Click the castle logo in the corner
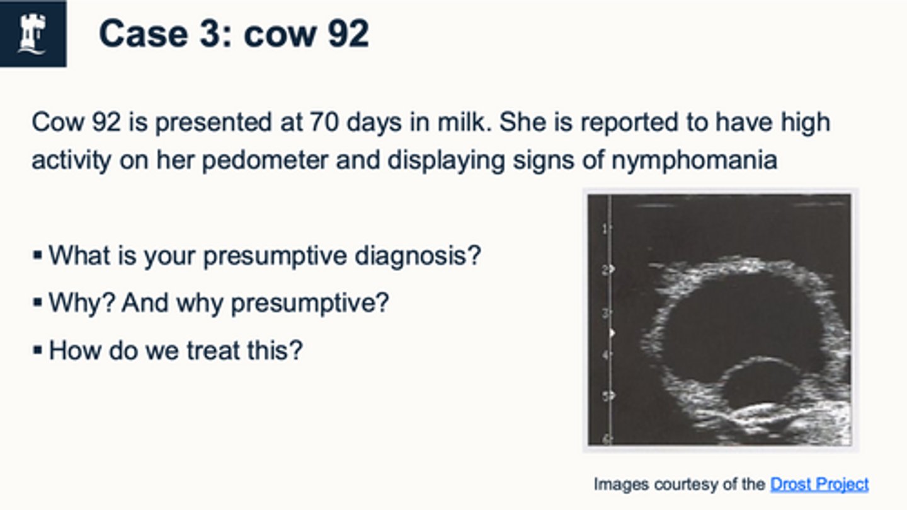coord(33,33)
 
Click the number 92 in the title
coord(348,33)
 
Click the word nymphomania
coord(694,160)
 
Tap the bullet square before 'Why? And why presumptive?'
coord(37,303)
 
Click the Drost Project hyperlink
coord(819,484)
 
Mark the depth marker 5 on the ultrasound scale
coord(605,397)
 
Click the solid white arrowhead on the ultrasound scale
coord(611,332)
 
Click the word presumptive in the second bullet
coord(309,303)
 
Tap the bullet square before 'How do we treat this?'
coord(37,350)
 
